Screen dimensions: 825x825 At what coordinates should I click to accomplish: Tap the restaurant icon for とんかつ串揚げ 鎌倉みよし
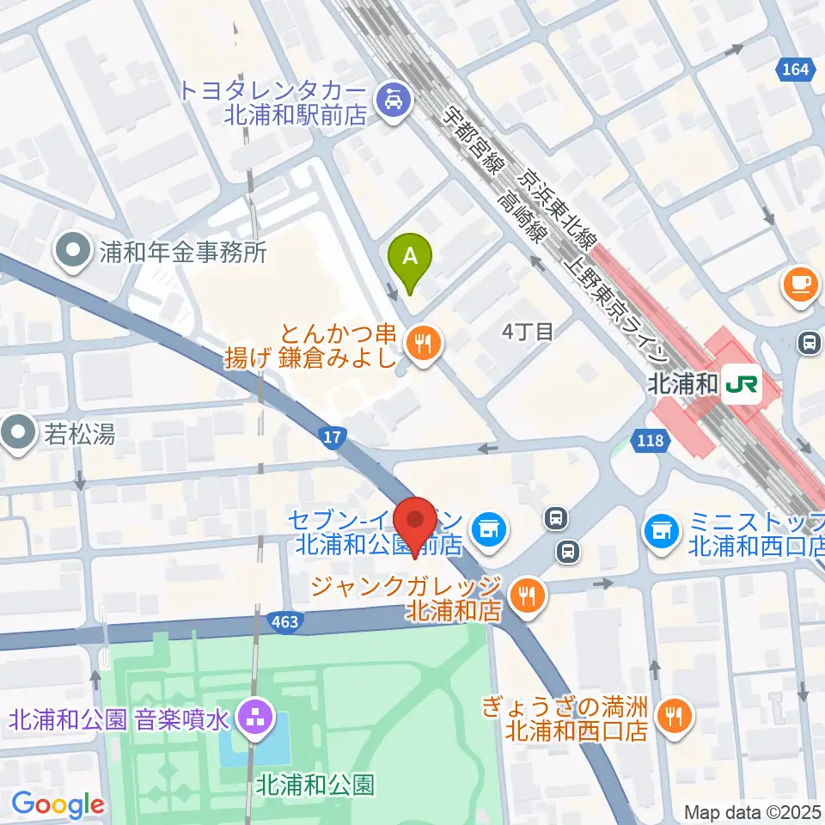click(x=422, y=345)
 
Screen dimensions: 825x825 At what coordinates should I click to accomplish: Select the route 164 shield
click(x=795, y=68)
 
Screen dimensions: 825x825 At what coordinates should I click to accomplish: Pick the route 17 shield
click(x=333, y=438)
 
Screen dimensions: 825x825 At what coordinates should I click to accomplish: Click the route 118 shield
click(x=651, y=440)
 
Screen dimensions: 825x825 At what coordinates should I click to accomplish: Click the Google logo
click(x=58, y=804)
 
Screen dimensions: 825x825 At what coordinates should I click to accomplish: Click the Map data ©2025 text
click(x=752, y=811)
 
